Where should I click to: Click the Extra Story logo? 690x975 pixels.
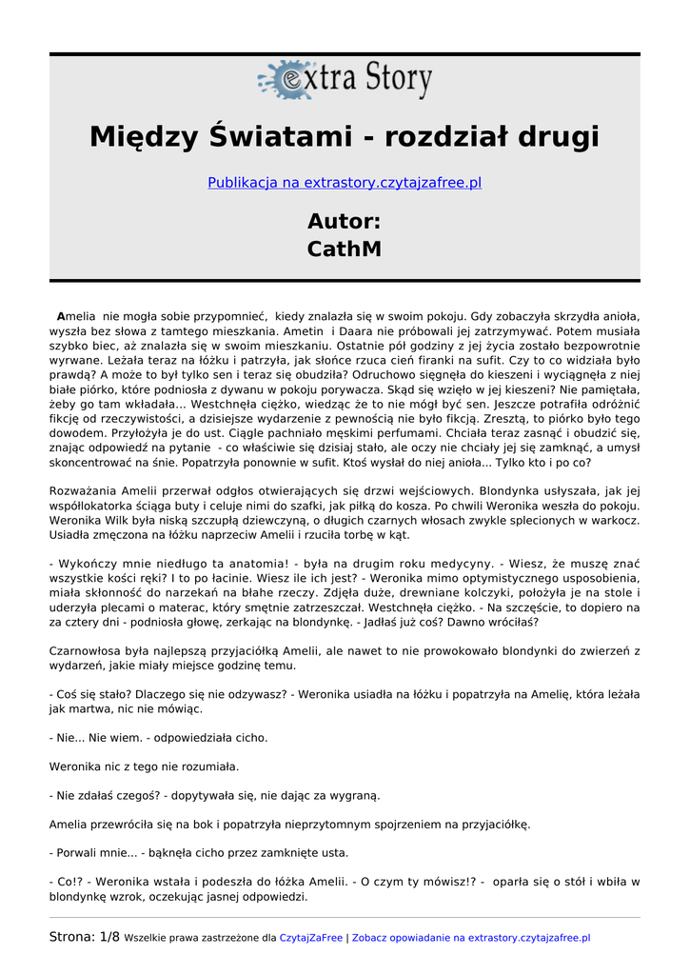345,80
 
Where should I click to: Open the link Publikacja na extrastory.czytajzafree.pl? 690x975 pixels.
345,183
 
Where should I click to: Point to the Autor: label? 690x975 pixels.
345,222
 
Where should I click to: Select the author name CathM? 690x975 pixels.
345,249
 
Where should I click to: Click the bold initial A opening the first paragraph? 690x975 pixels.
61,316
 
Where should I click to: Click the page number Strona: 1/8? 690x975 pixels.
85,938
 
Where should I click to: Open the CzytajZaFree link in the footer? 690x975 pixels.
310,938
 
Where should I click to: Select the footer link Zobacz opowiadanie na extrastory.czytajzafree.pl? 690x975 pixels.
471,938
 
